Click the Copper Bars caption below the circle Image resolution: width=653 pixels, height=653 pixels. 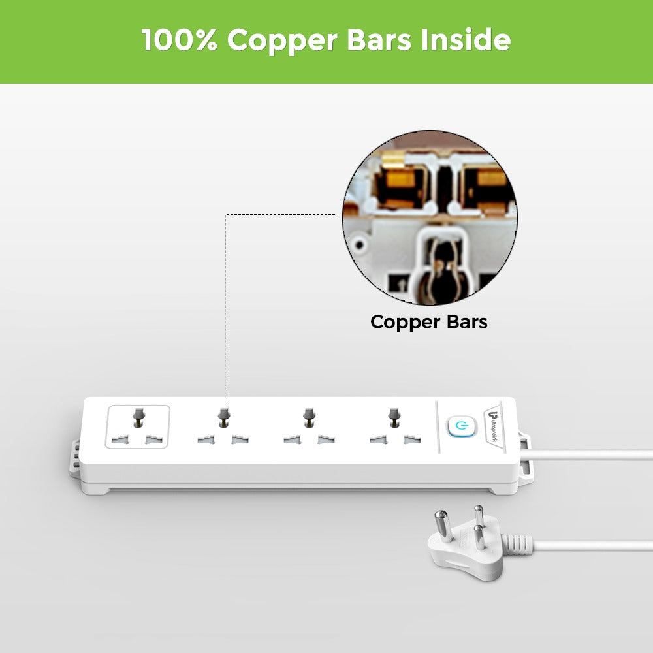tap(428, 322)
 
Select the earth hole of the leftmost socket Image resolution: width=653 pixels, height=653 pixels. tap(138, 415)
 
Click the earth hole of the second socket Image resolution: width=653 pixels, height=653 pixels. tap(224, 415)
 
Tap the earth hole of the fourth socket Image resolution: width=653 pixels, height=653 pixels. tap(393, 415)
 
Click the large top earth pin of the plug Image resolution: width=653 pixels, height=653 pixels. tap(478, 515)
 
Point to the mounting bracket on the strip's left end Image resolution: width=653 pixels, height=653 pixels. tap(76, 454)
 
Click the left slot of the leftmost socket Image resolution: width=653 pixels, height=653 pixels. tap(118, 441)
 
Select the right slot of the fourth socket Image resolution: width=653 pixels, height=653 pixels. tap(411, 441)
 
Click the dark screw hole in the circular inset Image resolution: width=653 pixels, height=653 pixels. tap(358, 245)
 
